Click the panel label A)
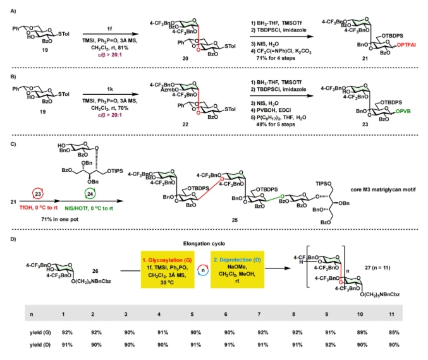pos(11,7)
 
